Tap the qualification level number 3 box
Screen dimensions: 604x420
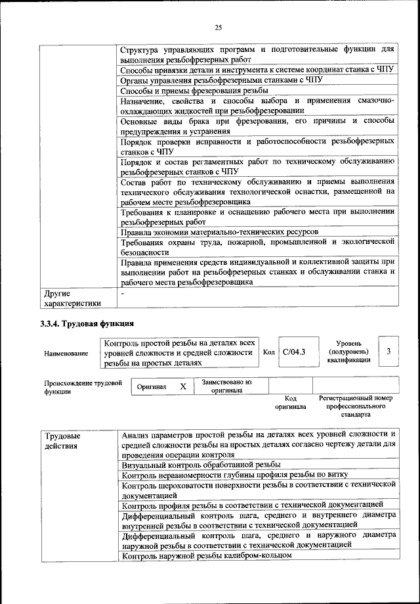click(x=389, y=352)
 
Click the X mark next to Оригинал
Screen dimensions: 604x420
click(x=184, y=387)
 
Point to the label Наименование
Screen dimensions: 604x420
click(x=66, y=354)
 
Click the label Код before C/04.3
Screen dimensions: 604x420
click(x=268, y=353)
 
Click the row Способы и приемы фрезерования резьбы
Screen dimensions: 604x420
click(x=194, y=90)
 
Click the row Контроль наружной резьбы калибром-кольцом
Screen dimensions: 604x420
click(x=207, y=555)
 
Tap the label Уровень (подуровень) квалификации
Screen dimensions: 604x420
click(x=352, y=352)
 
